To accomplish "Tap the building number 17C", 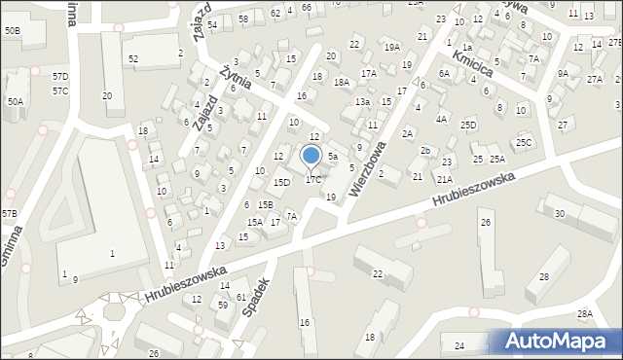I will pos(313,179).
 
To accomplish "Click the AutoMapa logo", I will pos(559,341).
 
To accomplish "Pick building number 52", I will pos(133,59).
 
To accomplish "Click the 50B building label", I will pos(12,31).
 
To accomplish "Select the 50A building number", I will pos(15,101).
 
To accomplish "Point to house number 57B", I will pos(9,213).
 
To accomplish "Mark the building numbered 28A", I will pos(584,313).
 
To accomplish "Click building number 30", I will pos(559,213).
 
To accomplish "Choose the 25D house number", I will pos(469,125).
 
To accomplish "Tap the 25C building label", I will pos(525,143).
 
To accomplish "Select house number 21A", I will pos(445,179).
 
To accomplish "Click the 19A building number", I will pos(391,47).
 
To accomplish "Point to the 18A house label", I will pos(341,83).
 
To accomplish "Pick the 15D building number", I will pos(281,182).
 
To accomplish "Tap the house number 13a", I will pos(362,102).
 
